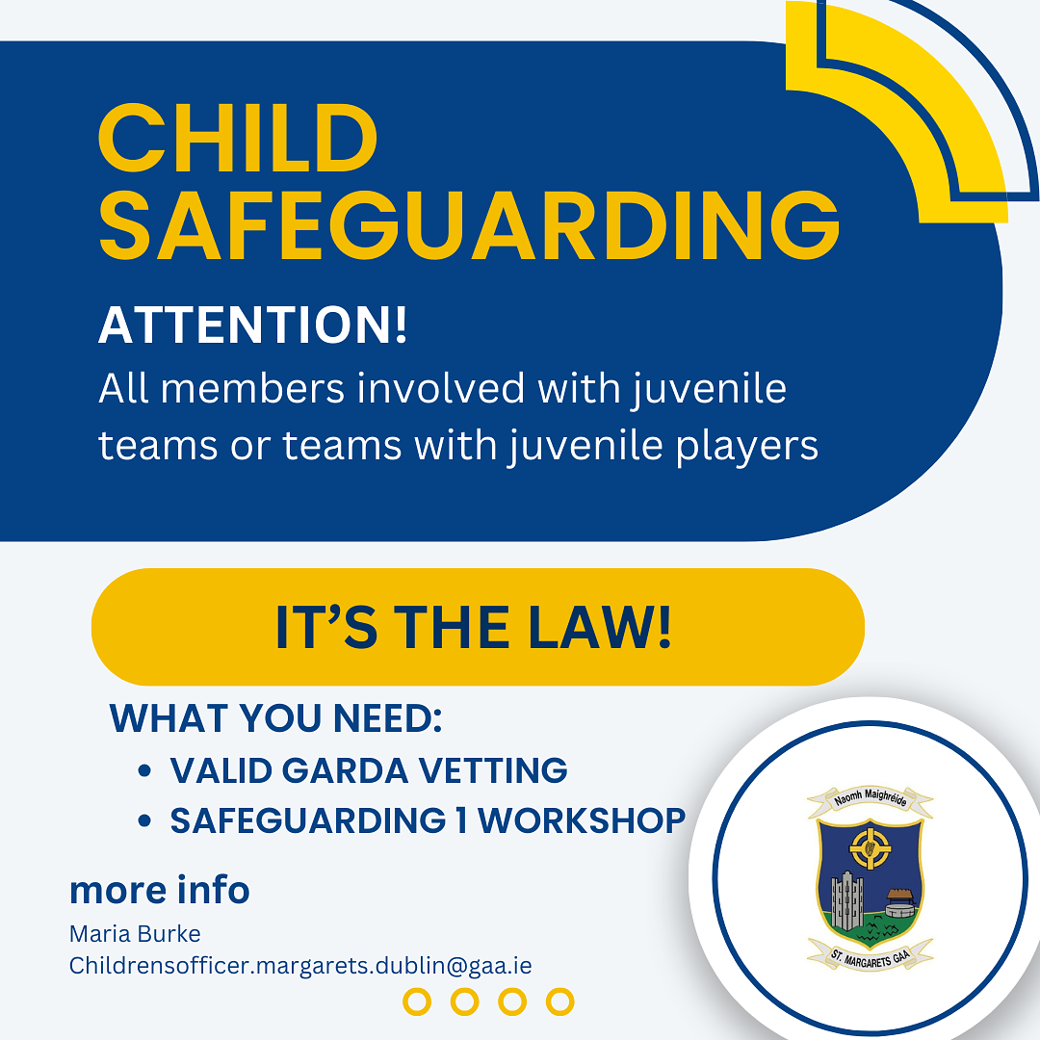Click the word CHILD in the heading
[x=238, y=138]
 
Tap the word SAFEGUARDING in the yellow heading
[x=470, y=225]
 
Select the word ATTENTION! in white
[x=252, y=325]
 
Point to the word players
[x=747, y=447]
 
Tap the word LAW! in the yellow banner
[x=600, y=627]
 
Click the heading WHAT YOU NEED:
[x=275, y=717]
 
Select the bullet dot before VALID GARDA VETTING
[x=144, y=770]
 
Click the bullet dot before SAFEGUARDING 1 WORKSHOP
[x=144, y=821]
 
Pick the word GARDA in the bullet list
[x=345, y=770]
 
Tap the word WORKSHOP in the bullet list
[x=582, y=821]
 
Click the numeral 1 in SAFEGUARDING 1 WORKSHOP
[x=461, y=821]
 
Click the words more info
[x=159, y=890]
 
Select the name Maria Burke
[x=135, y=934]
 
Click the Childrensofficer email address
[x=300, y=966]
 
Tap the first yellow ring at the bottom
[x=417, y=1001]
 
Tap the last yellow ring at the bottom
[x=559, y=1001]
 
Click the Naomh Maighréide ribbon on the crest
[x=870, y=798]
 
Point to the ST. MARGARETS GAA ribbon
[x=871, y=956]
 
